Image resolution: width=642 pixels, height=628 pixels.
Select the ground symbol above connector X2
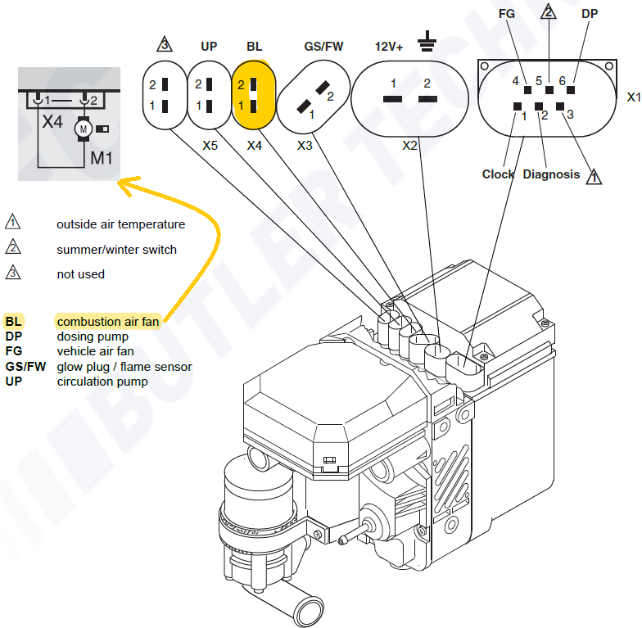(x=427, y=39)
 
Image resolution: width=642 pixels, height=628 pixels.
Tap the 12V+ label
(x=389, y=47)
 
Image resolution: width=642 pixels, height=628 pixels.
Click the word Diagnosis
(x=551, y=174)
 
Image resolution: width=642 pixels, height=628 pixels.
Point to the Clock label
(x=498, y=174)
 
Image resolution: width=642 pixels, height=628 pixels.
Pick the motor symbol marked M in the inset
(x=83, y=128)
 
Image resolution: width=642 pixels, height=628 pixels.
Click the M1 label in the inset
(x=102, y=157)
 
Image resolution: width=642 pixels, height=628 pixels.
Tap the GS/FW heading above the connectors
(x=323, y=47)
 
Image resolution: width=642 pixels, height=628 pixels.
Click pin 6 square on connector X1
(x=571, y=89)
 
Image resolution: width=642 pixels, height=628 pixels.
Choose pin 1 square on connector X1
(x=518, y=106)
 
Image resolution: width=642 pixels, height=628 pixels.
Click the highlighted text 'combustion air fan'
(x=107, y=322)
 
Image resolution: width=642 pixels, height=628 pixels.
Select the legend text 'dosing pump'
(x=92, y=337)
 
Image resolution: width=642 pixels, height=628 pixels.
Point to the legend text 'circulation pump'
(x=102, y=381)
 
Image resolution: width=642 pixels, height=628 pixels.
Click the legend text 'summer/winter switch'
(x=116, y=249)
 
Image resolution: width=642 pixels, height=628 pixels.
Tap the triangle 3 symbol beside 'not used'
(x=13, y=273)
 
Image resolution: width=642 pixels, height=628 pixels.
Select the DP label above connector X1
(x=590, y=14)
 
